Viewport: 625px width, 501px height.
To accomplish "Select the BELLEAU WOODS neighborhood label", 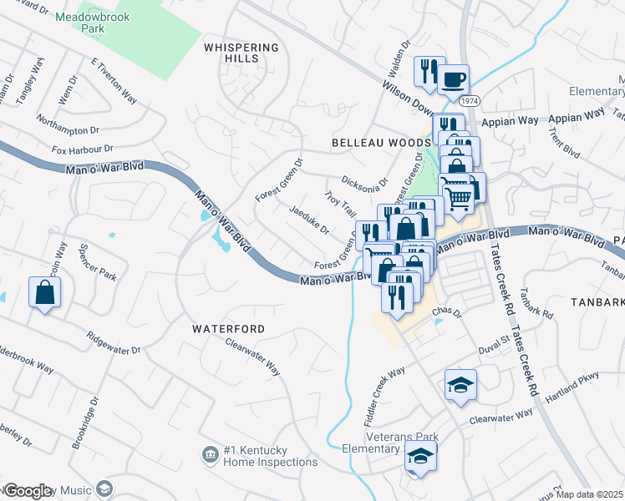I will coord(380,143).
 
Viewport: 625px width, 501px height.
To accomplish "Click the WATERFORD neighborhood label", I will coord(229,329).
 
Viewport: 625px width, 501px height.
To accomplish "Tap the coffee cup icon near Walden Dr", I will coord(455,80).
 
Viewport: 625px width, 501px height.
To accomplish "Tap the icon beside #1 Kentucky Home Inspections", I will coord(210,454).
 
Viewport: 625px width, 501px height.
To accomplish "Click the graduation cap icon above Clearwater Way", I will coord(460,384).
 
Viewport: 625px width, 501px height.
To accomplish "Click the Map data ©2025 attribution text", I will coord(590,494).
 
